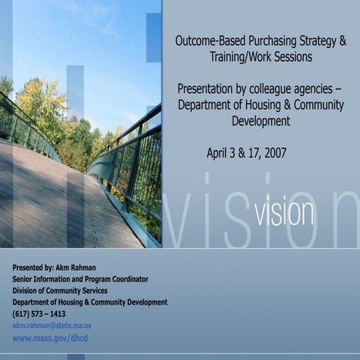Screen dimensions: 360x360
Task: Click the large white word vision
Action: click(283, 212)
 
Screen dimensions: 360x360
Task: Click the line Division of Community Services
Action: click(60, 290)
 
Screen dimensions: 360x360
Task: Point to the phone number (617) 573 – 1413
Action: click(39, 313)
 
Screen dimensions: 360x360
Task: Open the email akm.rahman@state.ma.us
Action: click(52, 325)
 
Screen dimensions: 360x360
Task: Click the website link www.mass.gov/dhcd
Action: click(50, 338)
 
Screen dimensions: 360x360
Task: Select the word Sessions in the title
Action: click(292, 56)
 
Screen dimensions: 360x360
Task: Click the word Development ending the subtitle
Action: click(260, 121)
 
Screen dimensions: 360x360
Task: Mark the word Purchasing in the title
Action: click(265, 41)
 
